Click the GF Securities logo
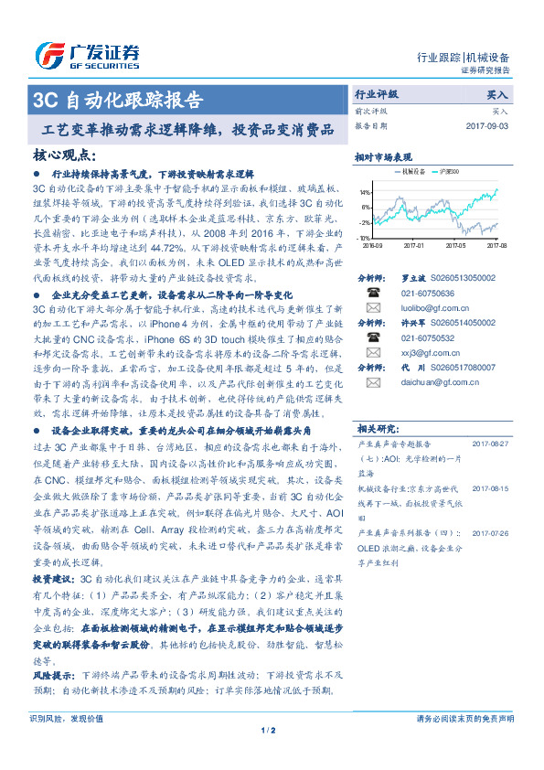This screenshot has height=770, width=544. pyautogui.click(x=87, y=54)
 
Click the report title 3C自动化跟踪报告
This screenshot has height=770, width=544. pyautogui.click(x=118, y=99)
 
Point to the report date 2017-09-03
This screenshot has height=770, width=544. pyautogui.click(x=486, y=125)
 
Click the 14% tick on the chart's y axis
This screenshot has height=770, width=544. pyautogui.click(x=365, y=193)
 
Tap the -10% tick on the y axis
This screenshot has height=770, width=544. pyautogui.click(x=364, y=237)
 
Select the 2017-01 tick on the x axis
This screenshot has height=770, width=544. pyautogui.click(x=415, y=245)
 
